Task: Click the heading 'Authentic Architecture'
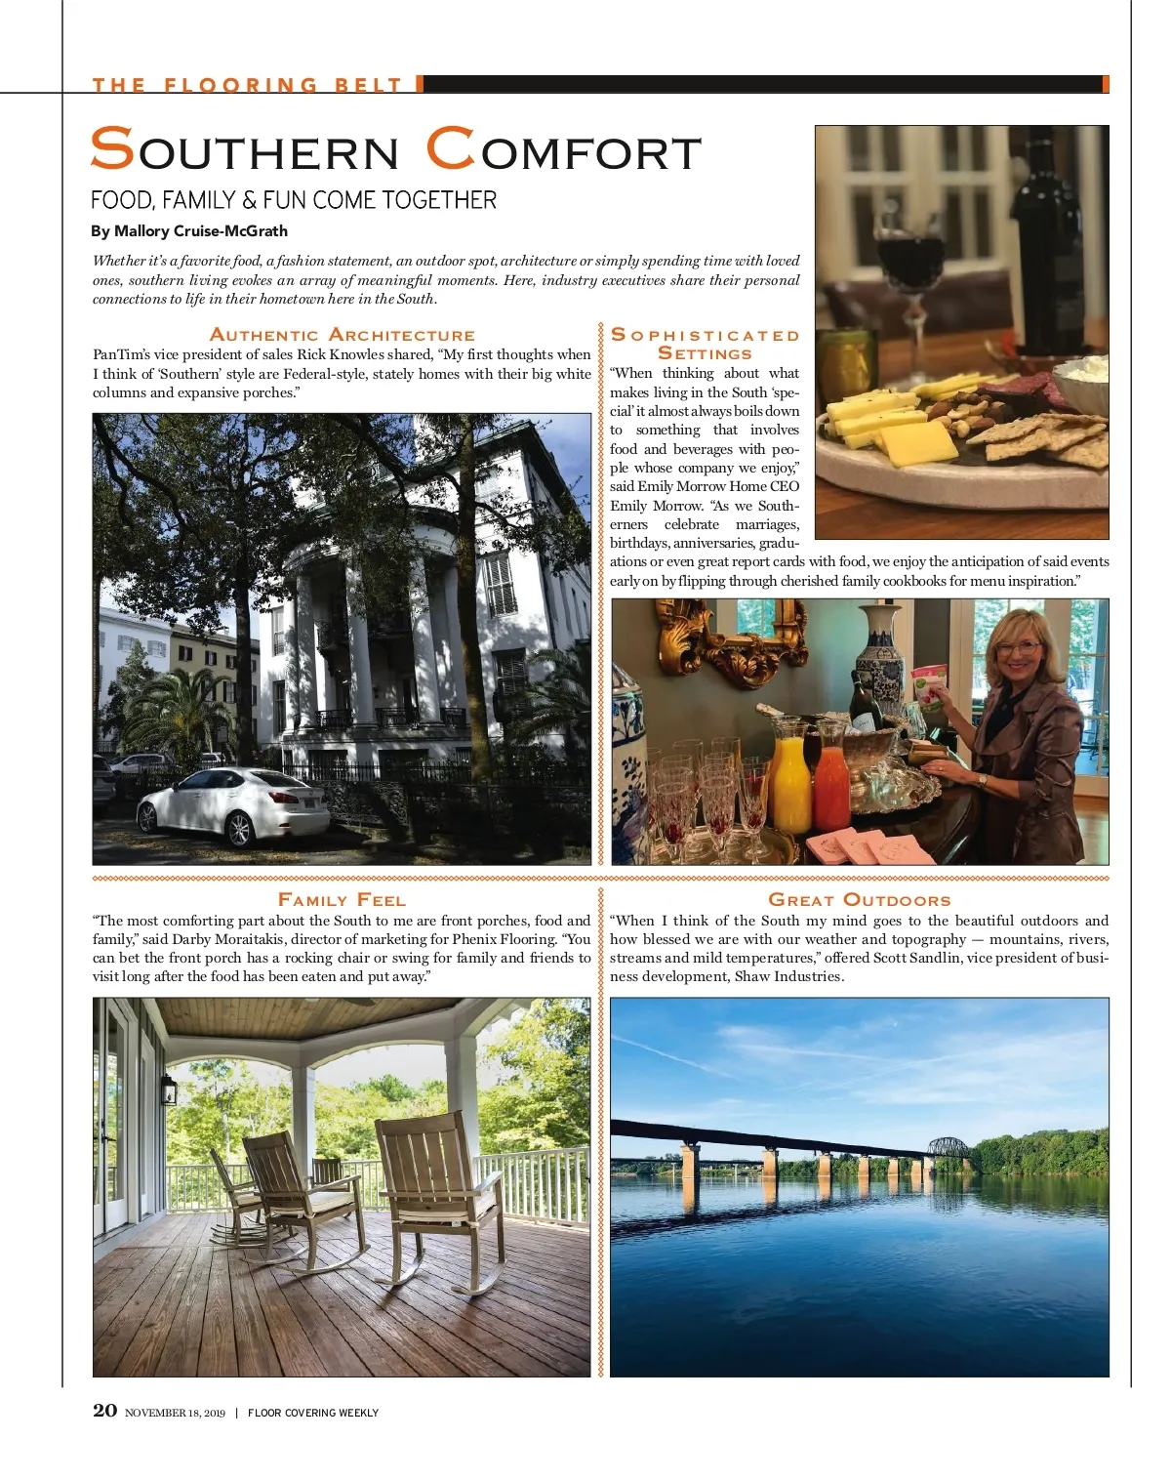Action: tap(342, 335)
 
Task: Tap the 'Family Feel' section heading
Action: tap(342, 900)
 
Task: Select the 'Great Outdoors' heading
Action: tap(859, 900)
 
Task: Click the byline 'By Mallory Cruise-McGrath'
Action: tap(189, 231)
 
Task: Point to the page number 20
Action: tap(104, 1411)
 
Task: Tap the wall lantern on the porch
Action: tap(168, 1090)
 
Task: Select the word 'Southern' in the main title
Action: tap(245, 151)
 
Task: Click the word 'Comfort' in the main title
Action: tap(564, 151)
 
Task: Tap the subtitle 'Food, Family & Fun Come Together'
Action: tap(293, 200)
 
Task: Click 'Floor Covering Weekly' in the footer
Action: tap(312, 1413)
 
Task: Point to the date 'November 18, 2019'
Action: tap(175, 1413)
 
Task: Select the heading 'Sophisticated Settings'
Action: tap(705, 344)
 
